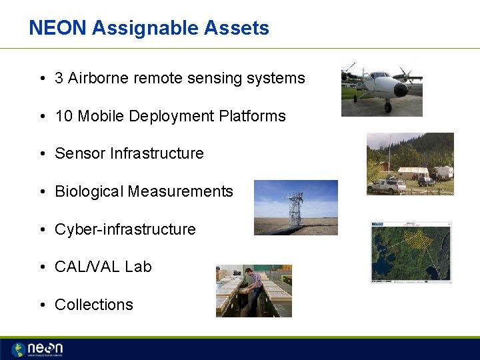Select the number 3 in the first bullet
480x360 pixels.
[x=59, y=78]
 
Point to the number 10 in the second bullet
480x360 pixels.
[x=63, y=116]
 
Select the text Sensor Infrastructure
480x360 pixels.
[x=129, y=153]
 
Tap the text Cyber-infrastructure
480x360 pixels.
[x=125, y=229]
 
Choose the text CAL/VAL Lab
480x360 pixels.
[x=103, y=267]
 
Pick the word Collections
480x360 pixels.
[x=93, y=305]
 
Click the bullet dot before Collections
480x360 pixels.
[x=42, y=305]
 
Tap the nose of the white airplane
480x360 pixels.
[x=401, y=89]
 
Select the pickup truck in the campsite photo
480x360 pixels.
[x=386, y=185]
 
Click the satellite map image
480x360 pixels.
[x=411, y=253]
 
